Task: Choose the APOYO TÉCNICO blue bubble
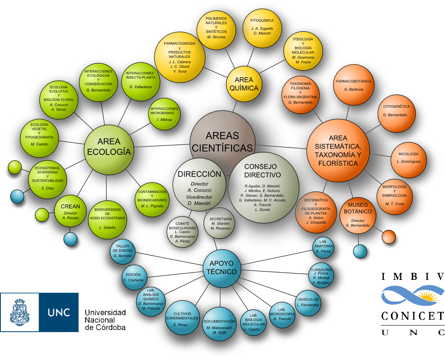[223, 268]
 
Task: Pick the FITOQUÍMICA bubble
[262, 27]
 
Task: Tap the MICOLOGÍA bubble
[408, 158]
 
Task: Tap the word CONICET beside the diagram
[412, 316]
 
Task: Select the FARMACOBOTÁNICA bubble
[353, 85]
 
